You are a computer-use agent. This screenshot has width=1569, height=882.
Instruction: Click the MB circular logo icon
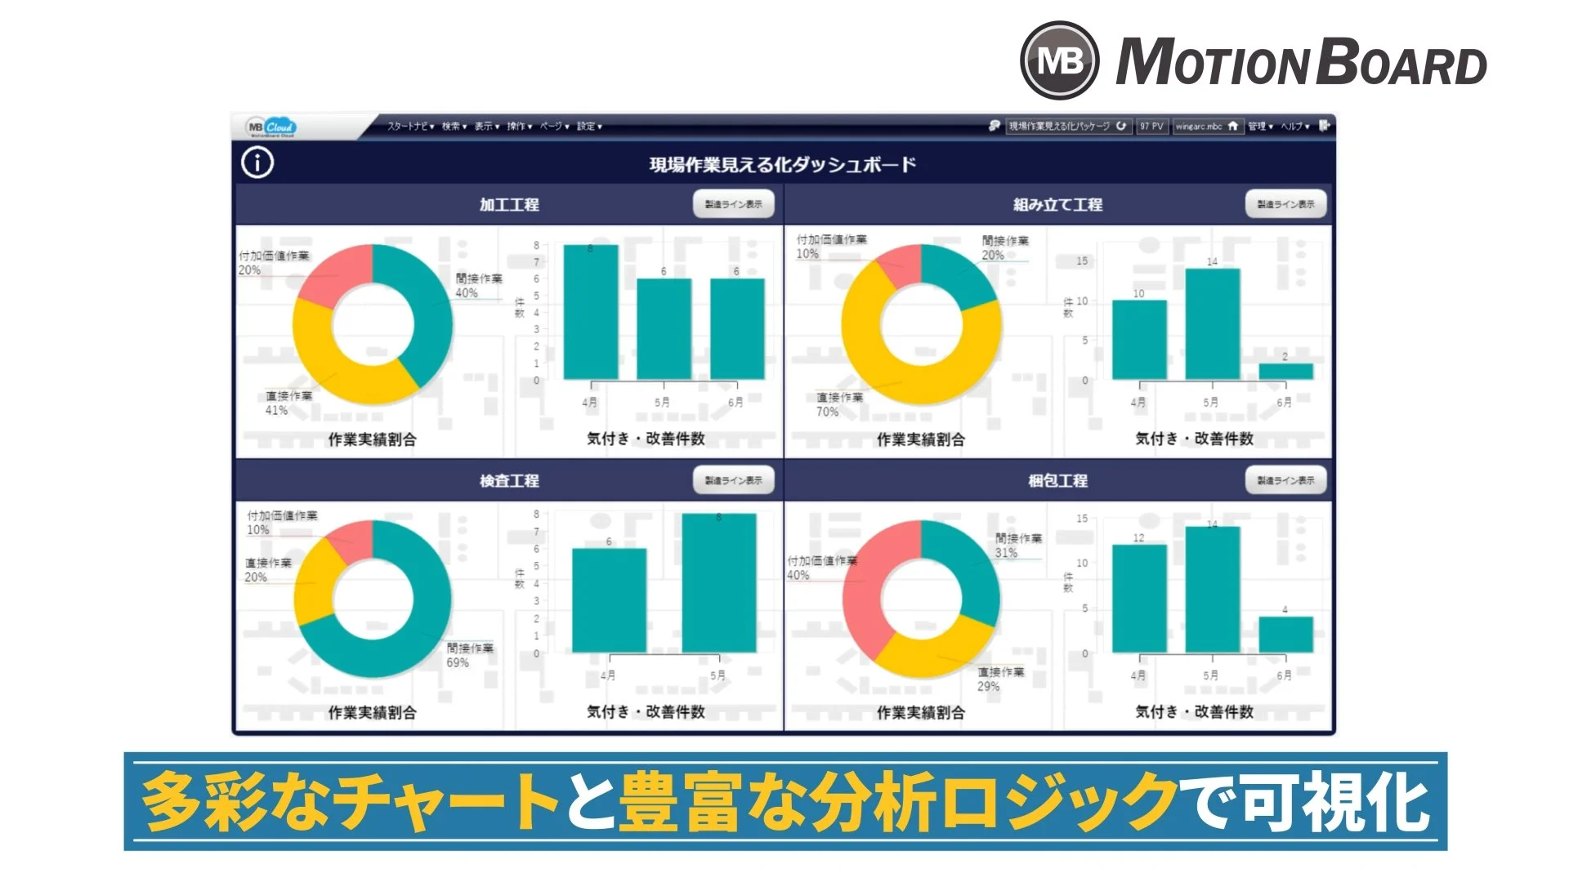pos(1059,60)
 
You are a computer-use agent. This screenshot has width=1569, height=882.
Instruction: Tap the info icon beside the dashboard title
pos(257,163)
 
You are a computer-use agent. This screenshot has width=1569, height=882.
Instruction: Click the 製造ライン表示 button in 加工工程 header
pos(733,204)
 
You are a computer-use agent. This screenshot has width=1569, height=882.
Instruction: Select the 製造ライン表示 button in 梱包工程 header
pos(1285,480)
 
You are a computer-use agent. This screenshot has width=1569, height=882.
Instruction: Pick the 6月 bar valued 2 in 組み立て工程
pos(1285,372)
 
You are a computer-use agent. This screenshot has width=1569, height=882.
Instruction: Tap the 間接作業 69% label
pos(470,655)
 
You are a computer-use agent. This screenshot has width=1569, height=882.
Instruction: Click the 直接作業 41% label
pos(288,403)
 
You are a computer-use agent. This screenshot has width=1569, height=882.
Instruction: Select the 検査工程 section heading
pos(509,480)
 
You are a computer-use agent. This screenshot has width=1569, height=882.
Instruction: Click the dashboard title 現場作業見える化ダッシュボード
pos(782,165)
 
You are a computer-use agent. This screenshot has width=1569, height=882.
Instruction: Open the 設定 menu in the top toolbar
pos(589,127)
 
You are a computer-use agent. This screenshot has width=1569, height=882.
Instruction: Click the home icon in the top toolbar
pos(1232,126)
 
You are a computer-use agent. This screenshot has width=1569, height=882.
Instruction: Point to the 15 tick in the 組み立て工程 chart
pos(1082,261)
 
